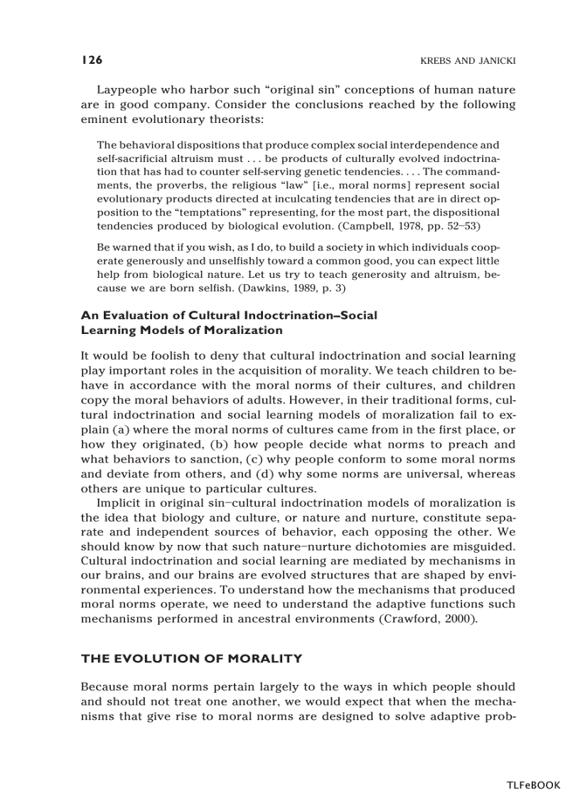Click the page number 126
coord(92,60)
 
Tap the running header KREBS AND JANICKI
coord(458,61)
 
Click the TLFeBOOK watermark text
coord(533,785)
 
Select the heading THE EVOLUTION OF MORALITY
coord(191,659)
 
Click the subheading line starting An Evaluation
coord(229,315)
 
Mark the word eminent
coord(104,119)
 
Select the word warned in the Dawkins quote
coord(130,247)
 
